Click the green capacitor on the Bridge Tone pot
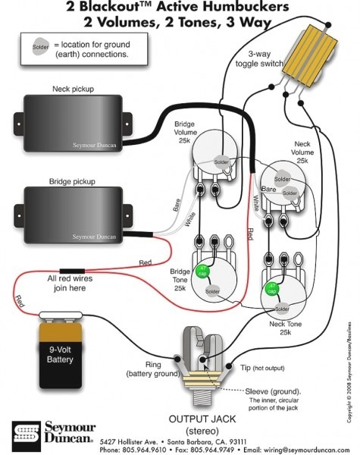(x=202, y=270)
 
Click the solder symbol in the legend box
(x=41, y=48)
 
